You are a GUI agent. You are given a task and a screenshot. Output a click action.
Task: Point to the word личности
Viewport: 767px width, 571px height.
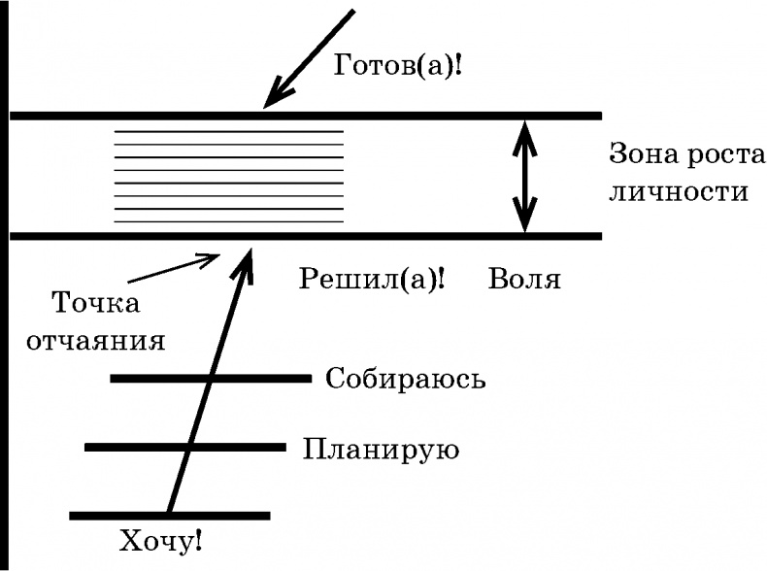click(x=678, y=190)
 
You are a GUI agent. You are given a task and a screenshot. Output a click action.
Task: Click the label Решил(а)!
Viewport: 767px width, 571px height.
click(x=373, y=280)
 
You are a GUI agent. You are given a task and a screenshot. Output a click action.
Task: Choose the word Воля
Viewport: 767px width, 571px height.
click(x=524, y=280)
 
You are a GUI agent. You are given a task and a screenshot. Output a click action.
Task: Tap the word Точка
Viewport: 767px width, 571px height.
click(x=95, y=303)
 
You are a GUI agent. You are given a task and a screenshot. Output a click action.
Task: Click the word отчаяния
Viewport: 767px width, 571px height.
click(x=108, y=342)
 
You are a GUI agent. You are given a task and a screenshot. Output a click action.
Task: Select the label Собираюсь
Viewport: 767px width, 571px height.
click(x=406, y=378)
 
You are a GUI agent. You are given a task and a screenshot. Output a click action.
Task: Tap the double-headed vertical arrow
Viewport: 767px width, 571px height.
click(x=525, y=177)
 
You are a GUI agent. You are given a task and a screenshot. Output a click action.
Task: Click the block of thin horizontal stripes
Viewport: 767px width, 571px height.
click(x=228, y=176)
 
